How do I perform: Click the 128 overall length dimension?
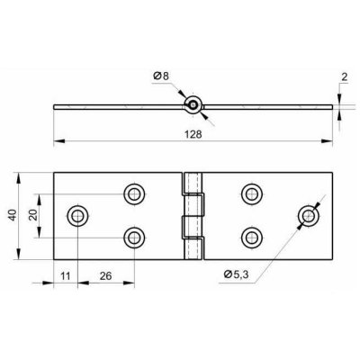193,134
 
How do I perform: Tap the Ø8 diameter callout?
161,76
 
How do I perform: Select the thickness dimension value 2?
345,77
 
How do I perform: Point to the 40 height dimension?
13,215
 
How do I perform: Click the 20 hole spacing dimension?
33,215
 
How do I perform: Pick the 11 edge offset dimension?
66,275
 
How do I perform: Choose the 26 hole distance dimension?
105,275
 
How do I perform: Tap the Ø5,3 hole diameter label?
236,274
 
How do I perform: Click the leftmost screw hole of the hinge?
77,215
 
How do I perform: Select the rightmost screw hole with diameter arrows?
309,216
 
